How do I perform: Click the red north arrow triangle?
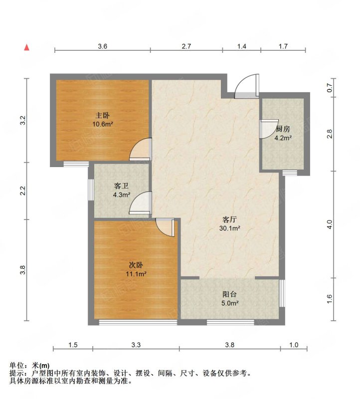(27, 47)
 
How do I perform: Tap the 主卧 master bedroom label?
(103, 116)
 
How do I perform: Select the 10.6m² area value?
(103, 124)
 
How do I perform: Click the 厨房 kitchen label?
(283, 129)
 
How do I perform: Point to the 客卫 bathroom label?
(121, 186)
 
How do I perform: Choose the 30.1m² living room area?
(230, 228)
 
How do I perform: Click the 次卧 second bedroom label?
(136, 265)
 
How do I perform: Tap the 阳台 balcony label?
(230, 294)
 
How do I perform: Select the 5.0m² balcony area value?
(230, 303)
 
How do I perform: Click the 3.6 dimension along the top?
(103, 46)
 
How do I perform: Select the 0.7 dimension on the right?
(330, 88)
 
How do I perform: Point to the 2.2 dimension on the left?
(23, 191)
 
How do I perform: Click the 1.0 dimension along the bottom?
(294, 345)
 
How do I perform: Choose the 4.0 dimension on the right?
(330, 224)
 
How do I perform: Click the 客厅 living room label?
(230, 219)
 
